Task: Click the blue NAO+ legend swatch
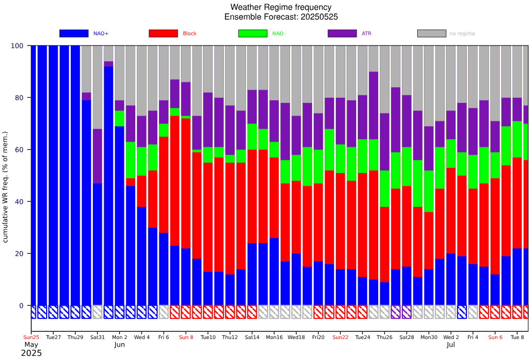point(74,33)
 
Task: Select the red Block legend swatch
point(163,33)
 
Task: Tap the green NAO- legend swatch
point(253,33)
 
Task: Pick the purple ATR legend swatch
point(342,33)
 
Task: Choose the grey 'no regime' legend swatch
point(432,33)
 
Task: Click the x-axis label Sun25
point(31,337)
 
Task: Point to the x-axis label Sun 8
point(186,337)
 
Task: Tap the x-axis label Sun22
point(340,337)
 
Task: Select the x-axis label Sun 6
point(495,337)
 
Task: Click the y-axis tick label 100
point(17,46)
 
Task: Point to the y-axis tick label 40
point(18,202)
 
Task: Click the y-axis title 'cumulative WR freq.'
point(6,187)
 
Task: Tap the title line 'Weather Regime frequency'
point(281,7)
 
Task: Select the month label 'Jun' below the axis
point(119,345)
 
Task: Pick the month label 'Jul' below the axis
point(451,345)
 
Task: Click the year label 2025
point(31,353)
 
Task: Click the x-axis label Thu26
point(384,337)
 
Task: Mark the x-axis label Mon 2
point(119,337)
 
